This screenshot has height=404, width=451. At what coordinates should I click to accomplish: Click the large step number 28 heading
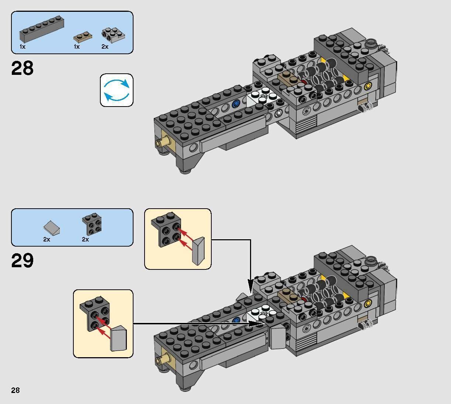22,69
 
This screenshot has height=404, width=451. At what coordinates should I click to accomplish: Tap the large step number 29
22,261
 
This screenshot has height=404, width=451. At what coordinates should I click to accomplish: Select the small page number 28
15,390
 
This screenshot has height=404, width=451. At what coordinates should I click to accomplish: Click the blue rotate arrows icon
117,90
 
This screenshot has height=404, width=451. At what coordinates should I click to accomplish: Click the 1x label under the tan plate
77,47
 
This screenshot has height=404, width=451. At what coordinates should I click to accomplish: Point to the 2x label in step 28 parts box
105,47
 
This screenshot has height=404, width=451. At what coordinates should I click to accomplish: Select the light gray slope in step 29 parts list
52,228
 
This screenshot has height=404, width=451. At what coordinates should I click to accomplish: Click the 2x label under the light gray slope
46,240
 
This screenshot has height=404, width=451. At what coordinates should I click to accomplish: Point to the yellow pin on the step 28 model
367,87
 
